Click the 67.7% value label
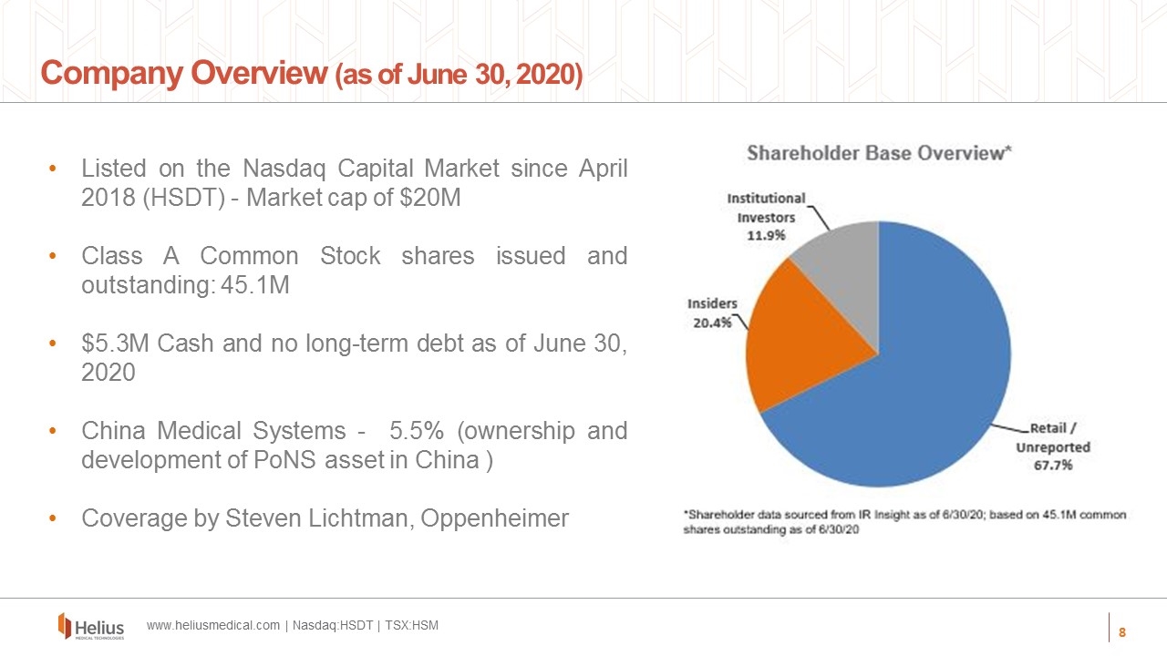click(x=1052, y=466)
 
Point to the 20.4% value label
click(x=712, y=323)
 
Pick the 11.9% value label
click(x=766, y=236)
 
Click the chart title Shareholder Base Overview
click(x=879, y=153)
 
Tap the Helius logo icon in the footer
click(x=65, y=625)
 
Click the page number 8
click(x=1122, y=632)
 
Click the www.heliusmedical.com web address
click(x=213, y=626)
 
